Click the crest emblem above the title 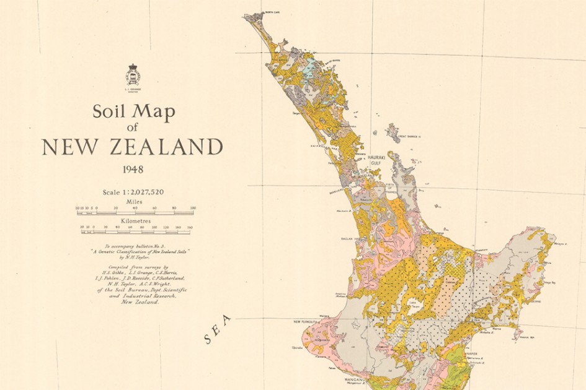(x=133, y=75)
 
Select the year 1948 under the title (x=133, y=168)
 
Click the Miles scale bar (x=135, y=212)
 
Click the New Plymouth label (x=306, y=322)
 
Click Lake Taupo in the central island (x=412, y=303)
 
